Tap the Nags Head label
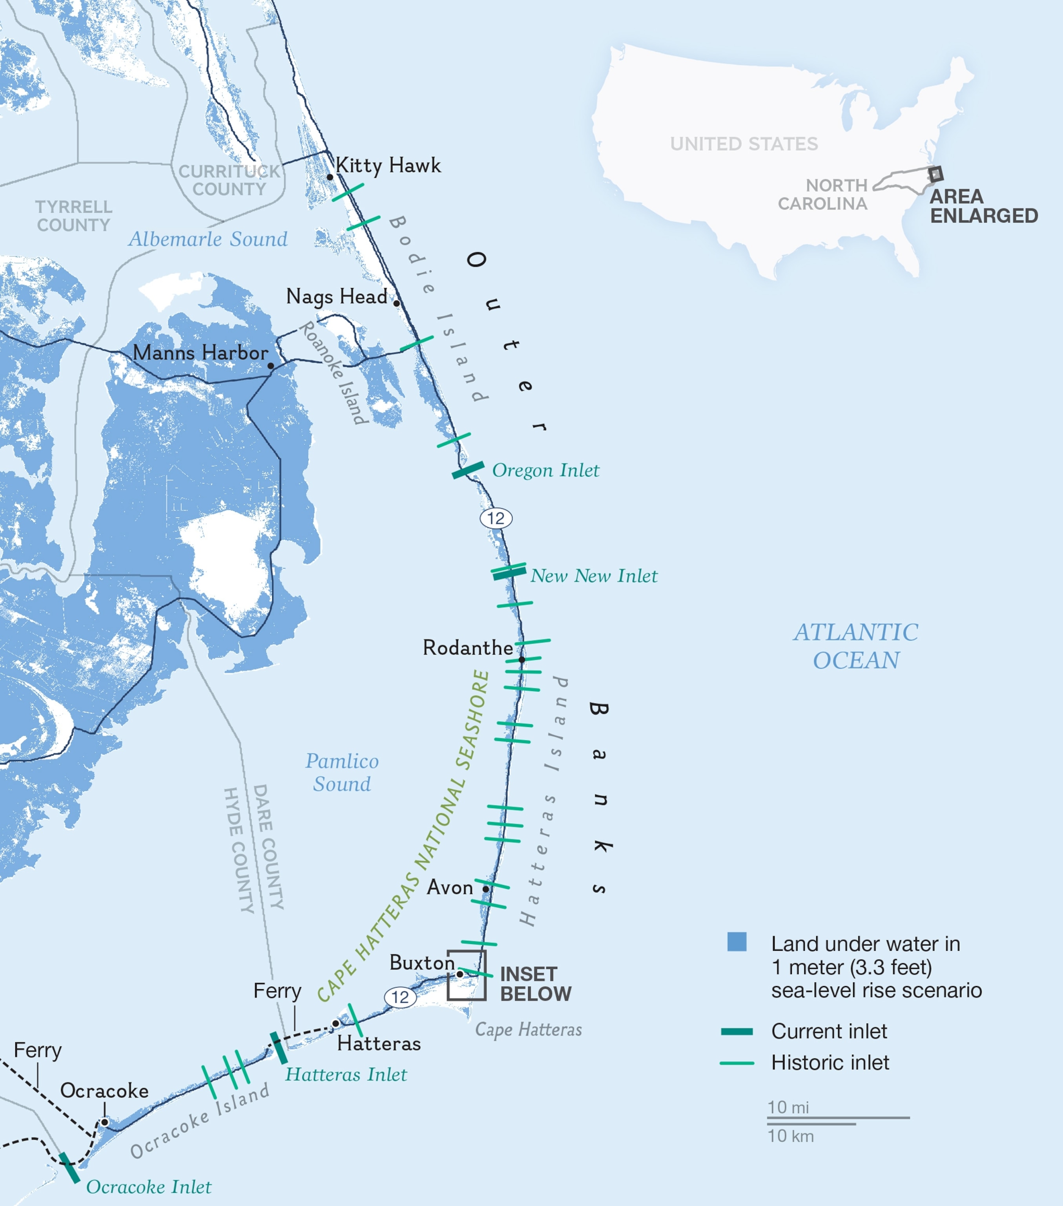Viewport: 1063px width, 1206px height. pos(336,296)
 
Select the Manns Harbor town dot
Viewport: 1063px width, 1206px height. pos(271,366)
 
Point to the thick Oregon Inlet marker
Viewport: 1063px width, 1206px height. pos(468,470)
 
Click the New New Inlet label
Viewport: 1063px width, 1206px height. pos(593,576)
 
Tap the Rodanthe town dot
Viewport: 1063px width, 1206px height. pos(521,660)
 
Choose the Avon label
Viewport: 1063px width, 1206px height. pos(450,887)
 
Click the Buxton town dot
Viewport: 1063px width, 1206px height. pos(459,974)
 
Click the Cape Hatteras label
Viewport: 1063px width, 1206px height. pos(529,1030)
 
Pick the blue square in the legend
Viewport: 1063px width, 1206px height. pos(737,942)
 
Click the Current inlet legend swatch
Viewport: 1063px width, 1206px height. pos(737,1031)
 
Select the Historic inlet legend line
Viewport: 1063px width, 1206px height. pos(737,1063)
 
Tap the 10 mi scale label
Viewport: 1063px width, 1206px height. pos(788,1107)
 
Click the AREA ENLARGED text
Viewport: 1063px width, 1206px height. pos(983,206)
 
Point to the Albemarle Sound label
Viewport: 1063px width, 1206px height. pos(208,239)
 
